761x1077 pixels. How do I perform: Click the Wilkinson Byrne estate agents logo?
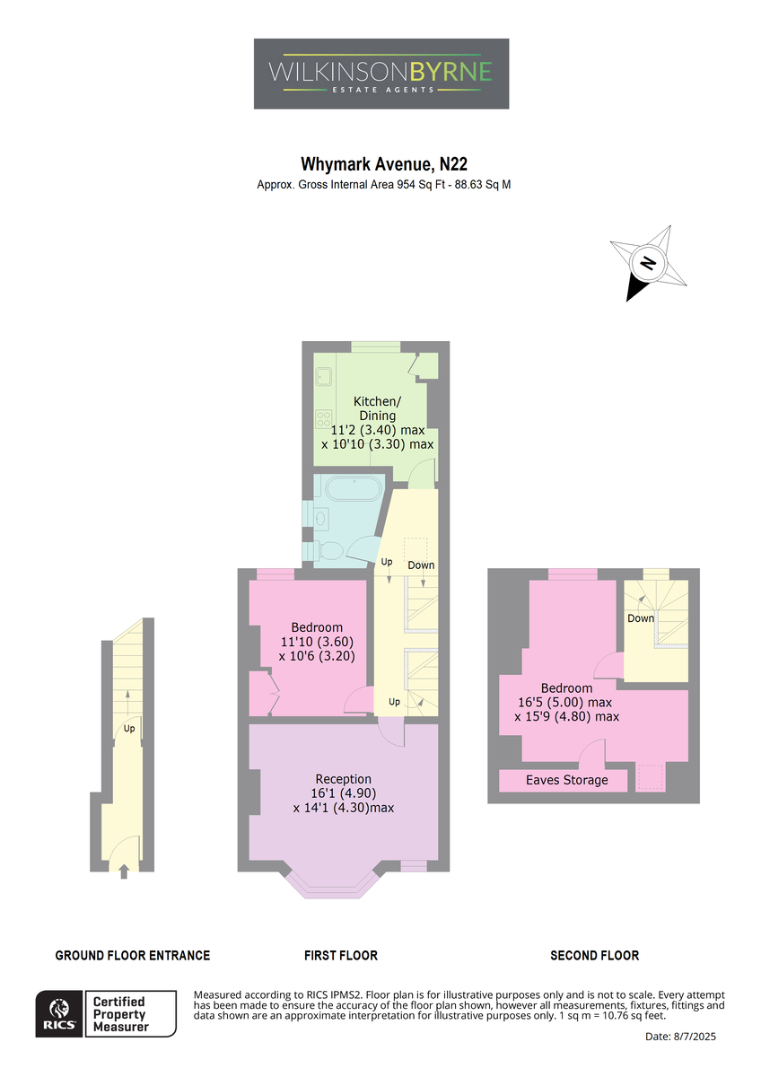click(x=381, y=74)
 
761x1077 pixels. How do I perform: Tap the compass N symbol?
click(x=648, y=263)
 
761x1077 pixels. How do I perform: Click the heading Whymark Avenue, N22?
click(x=383, y=164)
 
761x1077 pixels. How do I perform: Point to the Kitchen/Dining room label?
click(x=378, y=408)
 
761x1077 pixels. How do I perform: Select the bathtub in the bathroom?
click(x=354, y=490)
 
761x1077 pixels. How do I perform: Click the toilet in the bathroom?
click(x=328, y=551)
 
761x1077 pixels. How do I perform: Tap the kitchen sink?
click(x=323, y=376)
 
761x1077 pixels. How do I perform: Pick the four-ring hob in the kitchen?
click(x=323, y=419)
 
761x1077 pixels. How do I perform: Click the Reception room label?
click(x=343, y=779)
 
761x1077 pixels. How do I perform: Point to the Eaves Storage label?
click(x=567, y=780)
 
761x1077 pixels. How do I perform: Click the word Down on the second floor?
click(x=641, y=618)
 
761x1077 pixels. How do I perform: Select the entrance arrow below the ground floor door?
click(x=124, y=871)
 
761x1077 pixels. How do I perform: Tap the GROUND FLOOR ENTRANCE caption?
click(x=133, y=955)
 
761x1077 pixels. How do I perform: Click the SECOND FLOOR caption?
click(x=595, y=955)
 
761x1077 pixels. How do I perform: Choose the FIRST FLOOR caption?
click(x=341, y=955)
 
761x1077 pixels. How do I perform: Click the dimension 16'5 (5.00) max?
click(x=564, y=703)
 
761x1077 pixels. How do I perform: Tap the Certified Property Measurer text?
click(x=119, y=1014)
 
